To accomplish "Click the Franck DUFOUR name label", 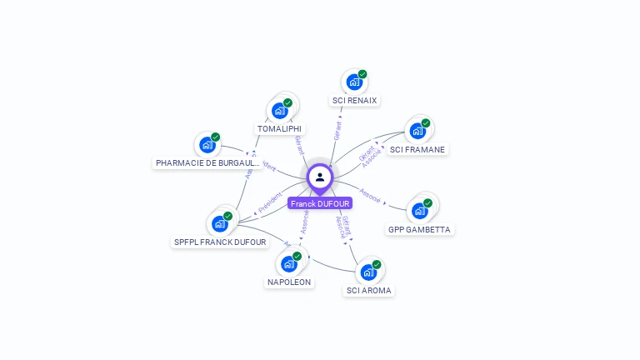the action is pos(320,203).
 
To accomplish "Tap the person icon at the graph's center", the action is pos(320,177).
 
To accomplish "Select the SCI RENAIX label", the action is pos(354,101).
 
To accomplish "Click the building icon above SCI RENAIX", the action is pos(354,82).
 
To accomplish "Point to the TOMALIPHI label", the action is pos(279,129).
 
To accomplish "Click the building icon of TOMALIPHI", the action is pos(279,111).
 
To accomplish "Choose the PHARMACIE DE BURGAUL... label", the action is pos(207,163).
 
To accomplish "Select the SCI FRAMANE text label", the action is pos(417,150).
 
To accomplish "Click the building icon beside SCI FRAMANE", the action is pos(417,131).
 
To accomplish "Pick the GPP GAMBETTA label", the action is pos(420,229).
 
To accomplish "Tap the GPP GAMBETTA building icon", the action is pos(419,211).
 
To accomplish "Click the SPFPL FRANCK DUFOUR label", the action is pos(220,242).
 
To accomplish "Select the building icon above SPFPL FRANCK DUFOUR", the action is pos(220,223).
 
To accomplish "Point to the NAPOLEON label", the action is pos(289,282).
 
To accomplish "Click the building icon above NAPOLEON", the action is pos(288,264).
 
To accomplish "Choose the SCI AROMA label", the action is pos(369,291).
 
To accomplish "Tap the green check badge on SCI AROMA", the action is pos(377,265).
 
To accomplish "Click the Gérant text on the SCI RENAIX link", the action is pos(337,131).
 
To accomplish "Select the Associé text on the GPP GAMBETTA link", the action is pos(370,199).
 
